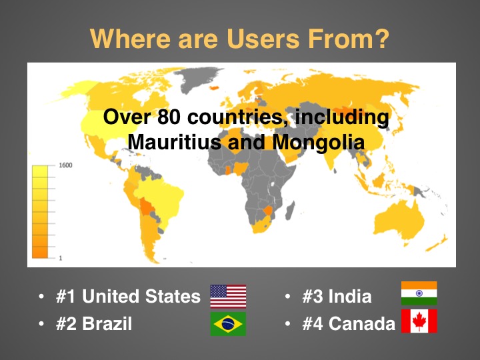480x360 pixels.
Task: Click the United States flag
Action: tap(228, 296)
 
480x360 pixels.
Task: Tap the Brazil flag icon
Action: tap(228, 324)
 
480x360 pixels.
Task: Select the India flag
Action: tap(419, 293)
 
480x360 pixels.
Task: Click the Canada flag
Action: tap(419, 321)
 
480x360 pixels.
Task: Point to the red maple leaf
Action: tap(419, 321)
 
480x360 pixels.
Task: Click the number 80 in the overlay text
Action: tap(169, 117)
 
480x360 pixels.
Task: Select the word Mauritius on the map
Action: tap(174, 142)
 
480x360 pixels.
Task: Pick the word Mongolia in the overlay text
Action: tap(319, 143)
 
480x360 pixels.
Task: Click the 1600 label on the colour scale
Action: tap(65, 165)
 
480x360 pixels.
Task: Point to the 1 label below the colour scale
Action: tap(60, 258)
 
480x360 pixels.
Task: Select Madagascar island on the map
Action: tap(290, 210)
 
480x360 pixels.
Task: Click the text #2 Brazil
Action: tap(94, 323)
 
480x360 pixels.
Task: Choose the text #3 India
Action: tap(337, 296)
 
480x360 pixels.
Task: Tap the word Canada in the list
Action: tap(362, 323)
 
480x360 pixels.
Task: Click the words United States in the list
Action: tap(141, 296)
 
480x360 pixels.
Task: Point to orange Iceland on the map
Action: tap(215, 88)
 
